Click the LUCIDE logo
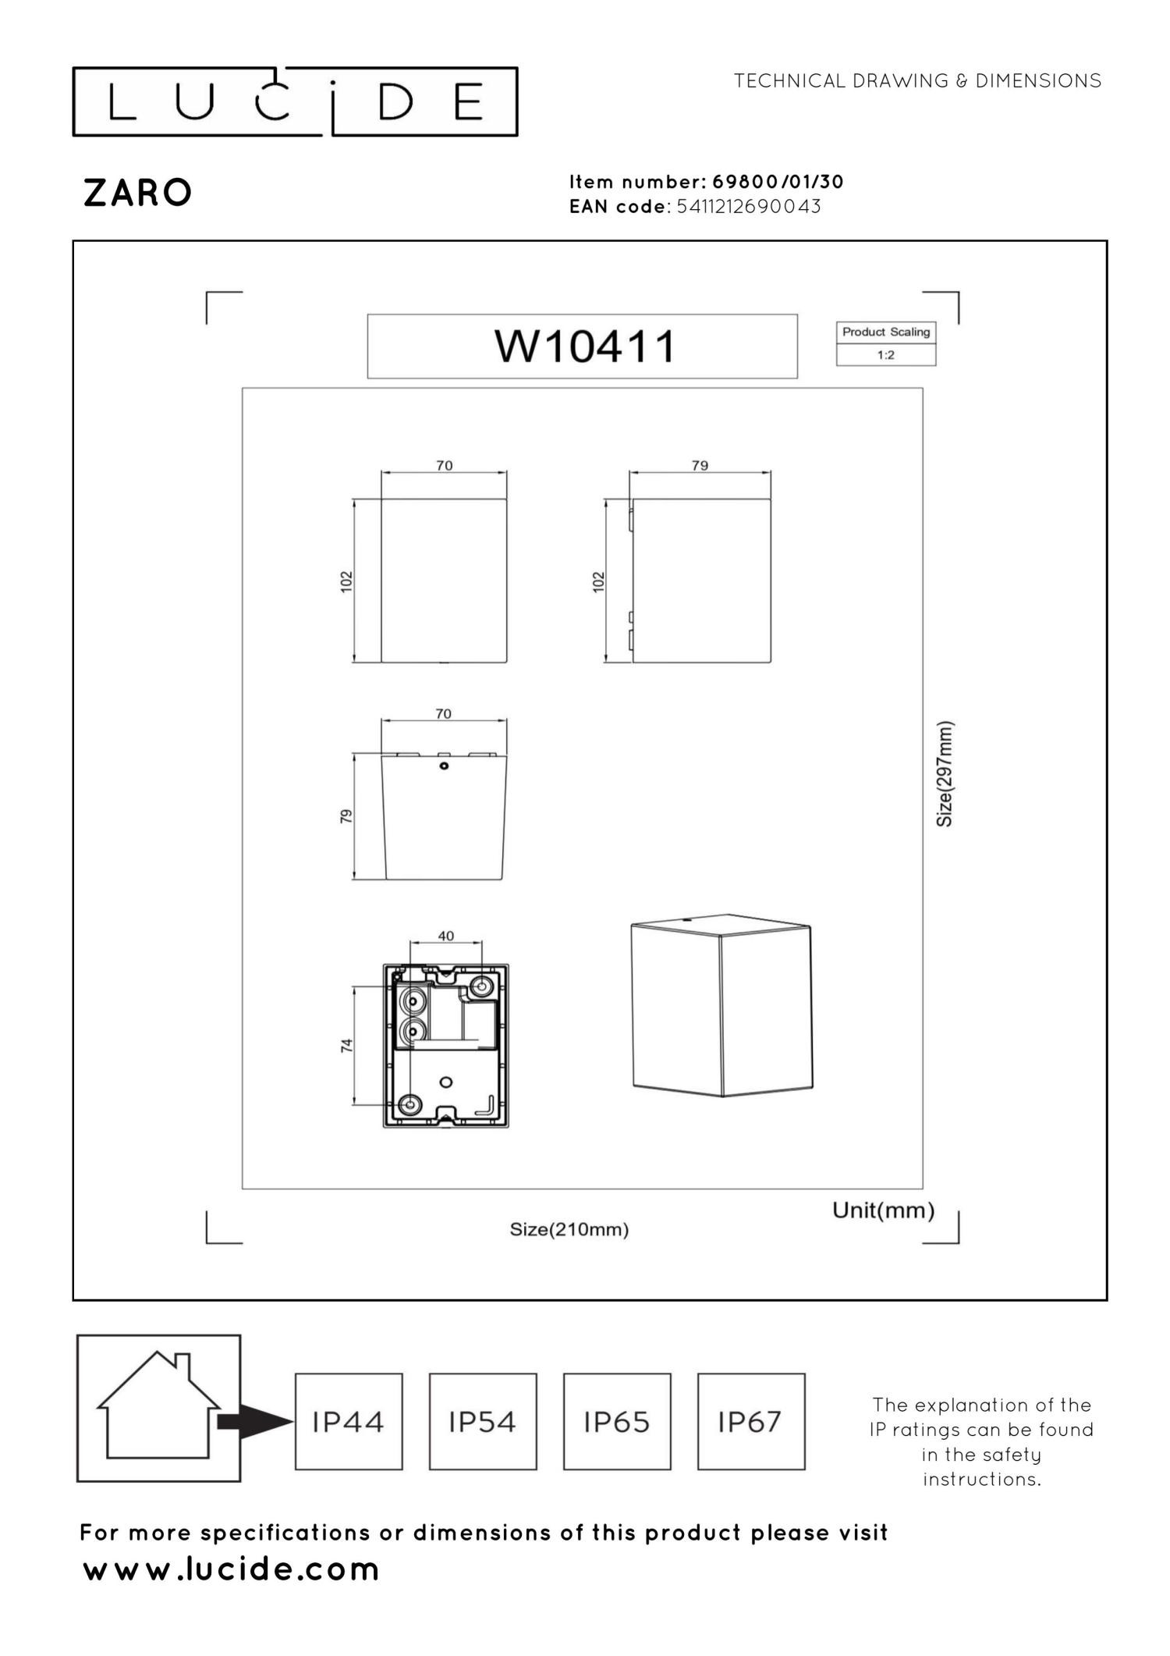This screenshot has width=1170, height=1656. [295, 102]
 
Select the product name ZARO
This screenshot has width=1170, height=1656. [137, 193]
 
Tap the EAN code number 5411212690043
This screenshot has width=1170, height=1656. [749, 206]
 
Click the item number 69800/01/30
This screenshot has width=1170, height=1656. [778, 182]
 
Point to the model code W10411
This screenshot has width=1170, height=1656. [585, 346]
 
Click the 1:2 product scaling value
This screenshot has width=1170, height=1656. [885, 355]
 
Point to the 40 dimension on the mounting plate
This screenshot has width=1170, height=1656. [445, 936]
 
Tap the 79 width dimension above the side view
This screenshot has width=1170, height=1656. [700, 465]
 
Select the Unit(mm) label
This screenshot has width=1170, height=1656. [883, 1210]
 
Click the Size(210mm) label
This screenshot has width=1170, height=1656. [569, 1229]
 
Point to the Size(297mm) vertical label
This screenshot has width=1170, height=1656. [945, 773]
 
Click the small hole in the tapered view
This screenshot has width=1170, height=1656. [444, 766]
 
